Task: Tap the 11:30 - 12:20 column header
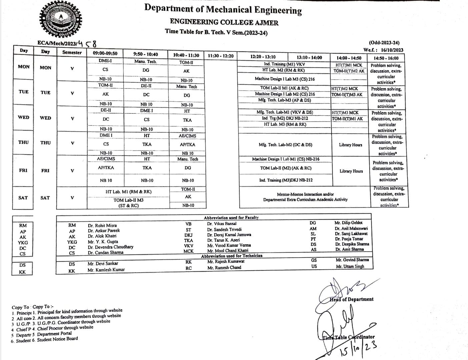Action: [220, 56]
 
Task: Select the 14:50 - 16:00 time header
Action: [386, 58]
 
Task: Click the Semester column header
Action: [72, 52]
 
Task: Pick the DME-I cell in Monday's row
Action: [105, 61]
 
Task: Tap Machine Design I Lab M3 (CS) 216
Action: [285, 79]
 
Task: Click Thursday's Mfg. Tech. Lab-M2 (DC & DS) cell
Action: [285, 145]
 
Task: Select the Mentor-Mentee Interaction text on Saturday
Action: [305, 194]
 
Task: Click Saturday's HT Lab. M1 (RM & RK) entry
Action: [128, 192]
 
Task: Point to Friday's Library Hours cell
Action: [351, 171]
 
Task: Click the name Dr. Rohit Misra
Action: [102, 225]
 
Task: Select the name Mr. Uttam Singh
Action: [350, 266]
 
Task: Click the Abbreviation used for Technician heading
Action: [231, 256]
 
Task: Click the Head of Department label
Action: [352, 299]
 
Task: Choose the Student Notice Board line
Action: [57, 339]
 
